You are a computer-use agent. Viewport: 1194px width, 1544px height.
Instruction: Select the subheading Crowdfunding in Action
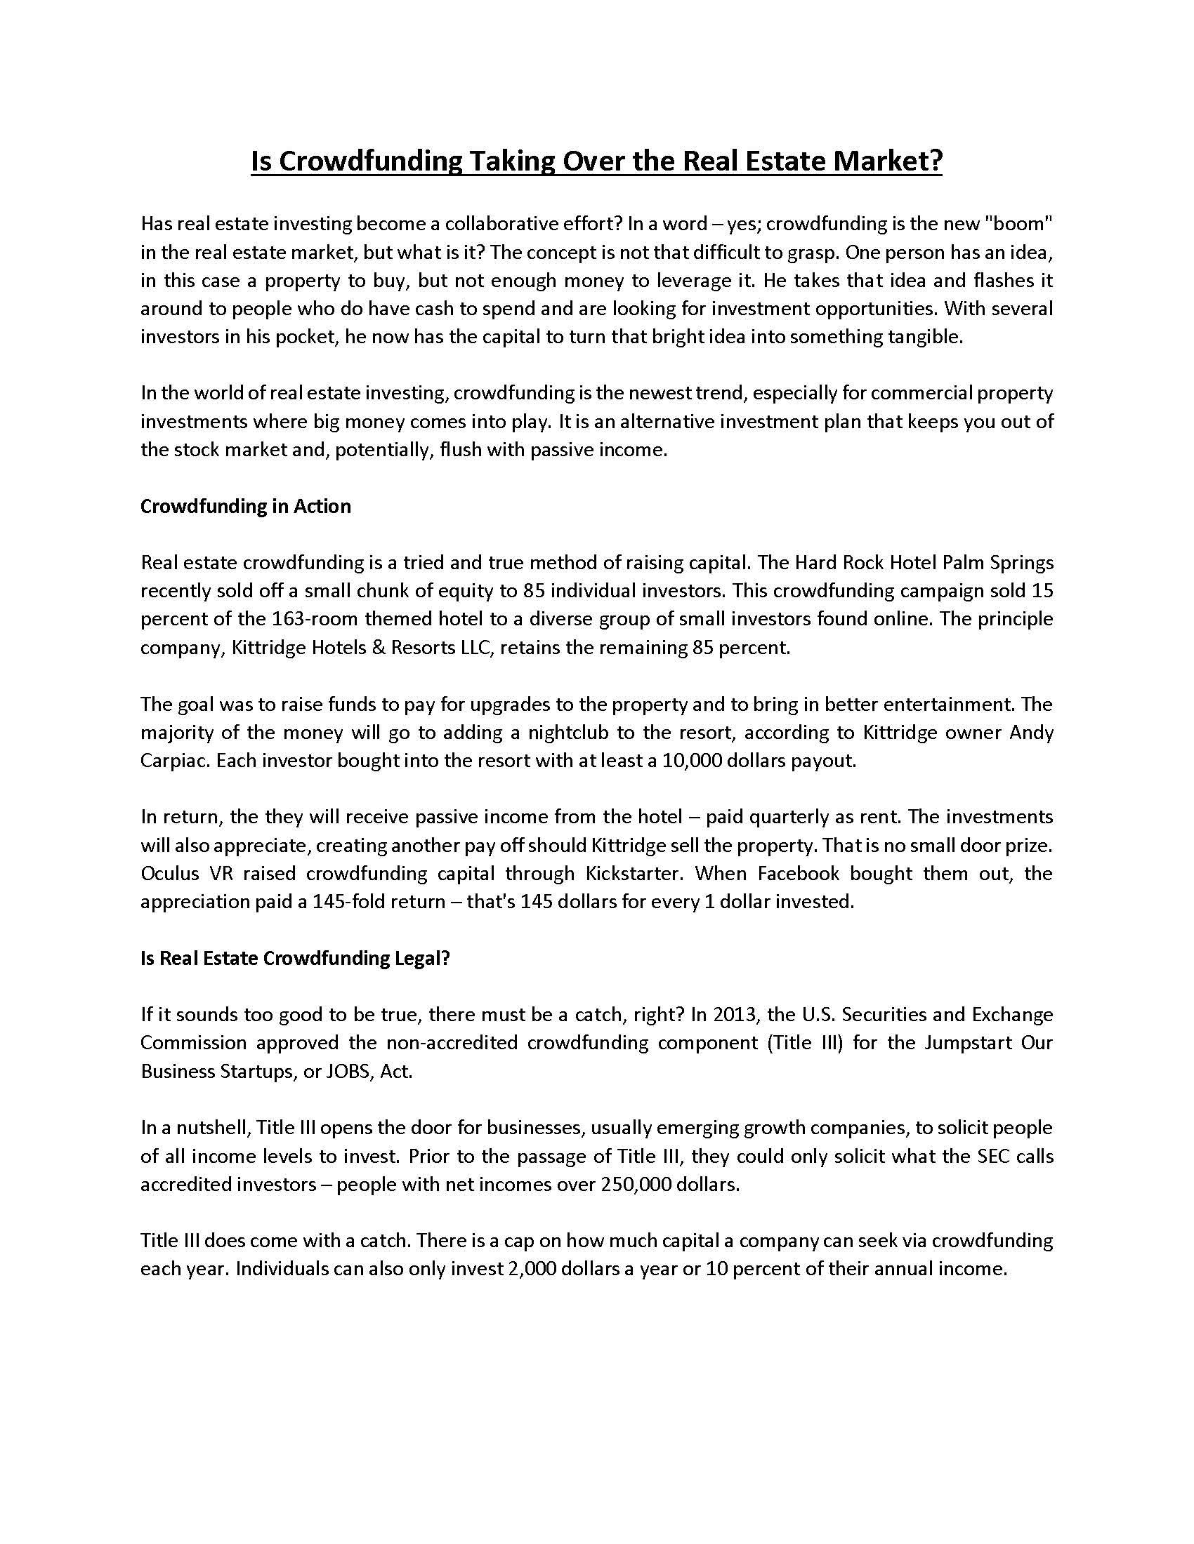click(245, 506)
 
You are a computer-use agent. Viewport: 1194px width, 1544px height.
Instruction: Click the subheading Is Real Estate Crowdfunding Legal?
click(295, 958)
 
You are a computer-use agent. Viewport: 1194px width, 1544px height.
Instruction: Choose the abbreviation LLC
click(473, 647)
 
